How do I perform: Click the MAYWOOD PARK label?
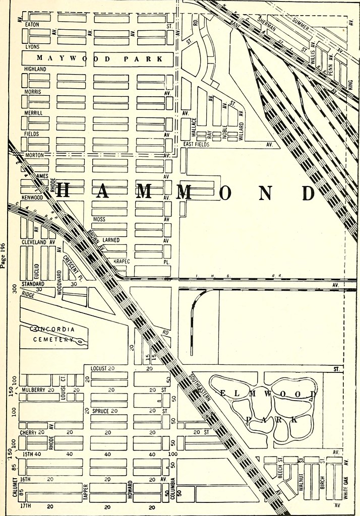tap(99, 59)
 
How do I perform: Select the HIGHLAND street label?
tap(36, 69)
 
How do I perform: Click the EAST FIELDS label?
tap(196, 144)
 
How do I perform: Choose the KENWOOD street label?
tap(32, 198)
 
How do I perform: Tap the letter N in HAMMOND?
tap(268, 192)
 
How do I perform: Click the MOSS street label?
tap(99, 220)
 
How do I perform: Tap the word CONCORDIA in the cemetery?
tap(52, 329)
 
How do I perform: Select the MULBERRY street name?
tap(33, 390)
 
